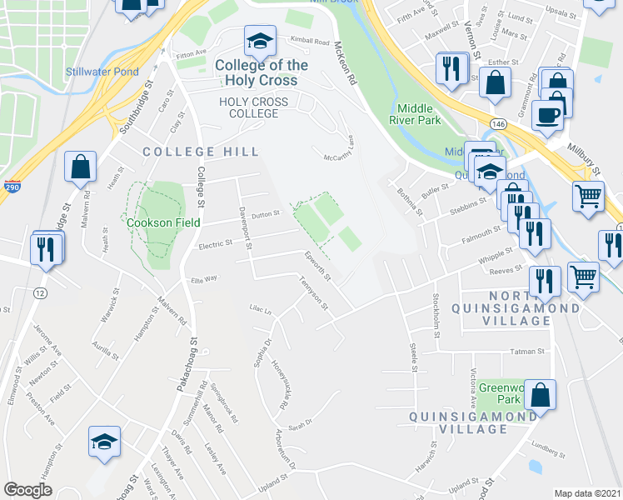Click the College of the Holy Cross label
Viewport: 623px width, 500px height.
coord(261,72)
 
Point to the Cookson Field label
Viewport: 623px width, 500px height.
coord(161,222)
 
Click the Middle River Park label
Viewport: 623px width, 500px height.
coord(418,114)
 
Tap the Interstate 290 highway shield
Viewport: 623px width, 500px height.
coord(12,187)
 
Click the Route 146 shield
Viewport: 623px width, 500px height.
coord(498,123)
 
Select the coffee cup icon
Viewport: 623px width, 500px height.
coord(547,115)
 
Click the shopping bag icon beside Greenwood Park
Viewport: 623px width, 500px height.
coord(541,397)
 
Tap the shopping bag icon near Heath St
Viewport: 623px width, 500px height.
coord(82,167)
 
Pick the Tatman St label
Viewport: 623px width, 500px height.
coord(527,352)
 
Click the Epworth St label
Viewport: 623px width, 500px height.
coord(318,266)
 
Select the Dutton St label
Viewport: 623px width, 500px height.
coord(266,215)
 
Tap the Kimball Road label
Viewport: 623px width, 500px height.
coord(310,40)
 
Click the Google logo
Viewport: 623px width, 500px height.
coord(27,490)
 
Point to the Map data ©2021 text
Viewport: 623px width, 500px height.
coord(588,493)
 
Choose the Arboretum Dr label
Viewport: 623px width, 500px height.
coord(284,451)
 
